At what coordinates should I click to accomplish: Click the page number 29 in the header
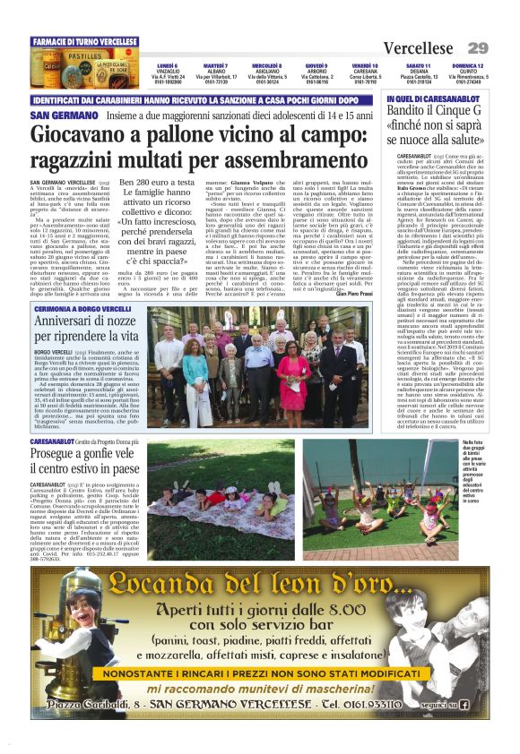[x=477, y=47]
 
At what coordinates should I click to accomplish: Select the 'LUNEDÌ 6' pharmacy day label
[x=167, y=65]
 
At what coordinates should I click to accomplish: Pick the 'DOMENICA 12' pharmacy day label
[x=467, y=65]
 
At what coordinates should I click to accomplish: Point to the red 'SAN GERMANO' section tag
[x=60, y=116]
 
